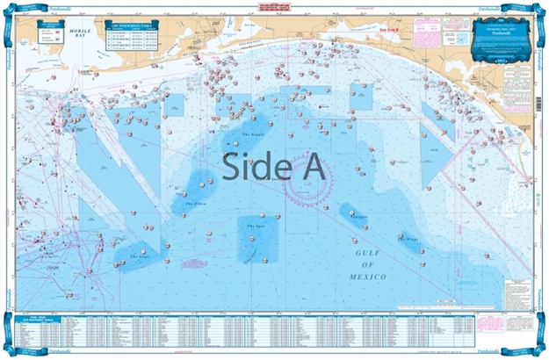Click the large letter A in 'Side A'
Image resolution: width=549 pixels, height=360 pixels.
click(x=312, y=164)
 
